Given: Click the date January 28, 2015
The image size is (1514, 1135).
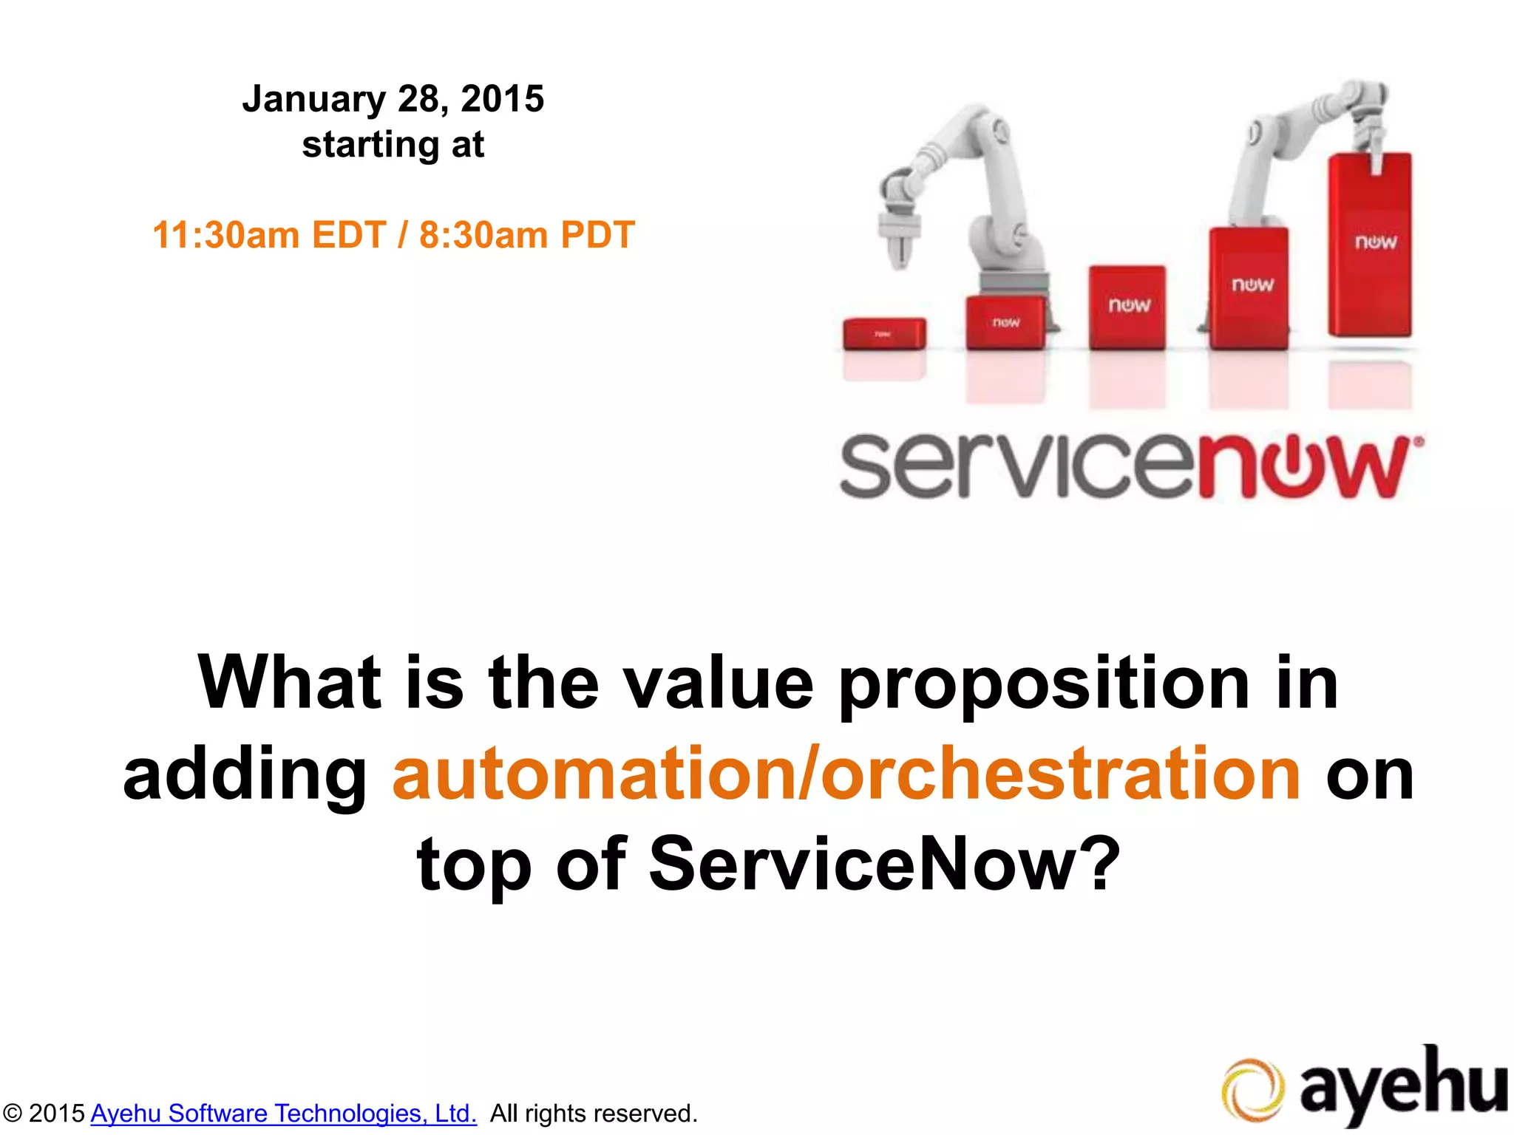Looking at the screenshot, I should pos(393,99).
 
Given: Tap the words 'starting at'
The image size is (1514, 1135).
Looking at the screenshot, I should pos(393,145).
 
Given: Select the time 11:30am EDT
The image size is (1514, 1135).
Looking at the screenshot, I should pos(269,235).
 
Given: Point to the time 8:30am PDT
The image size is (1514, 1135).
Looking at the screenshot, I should pos(526,235).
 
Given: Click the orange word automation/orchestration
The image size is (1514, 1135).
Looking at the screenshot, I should pos(846,774).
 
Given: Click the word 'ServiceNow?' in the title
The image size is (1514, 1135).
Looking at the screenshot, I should pos(884,865).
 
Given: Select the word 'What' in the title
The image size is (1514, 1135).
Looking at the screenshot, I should pos(289,683).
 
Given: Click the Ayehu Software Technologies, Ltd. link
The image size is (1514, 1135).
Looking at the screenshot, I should pos(284,1113).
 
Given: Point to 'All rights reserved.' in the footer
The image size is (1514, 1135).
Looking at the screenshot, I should pos(594,1113).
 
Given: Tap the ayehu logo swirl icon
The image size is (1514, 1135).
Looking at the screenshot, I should pos(1252,1090).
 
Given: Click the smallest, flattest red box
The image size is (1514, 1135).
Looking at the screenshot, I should pos(884,333).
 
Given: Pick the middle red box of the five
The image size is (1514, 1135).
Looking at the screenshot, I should pos(1127,307).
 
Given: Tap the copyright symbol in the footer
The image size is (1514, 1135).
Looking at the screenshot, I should pos(13,1113).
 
